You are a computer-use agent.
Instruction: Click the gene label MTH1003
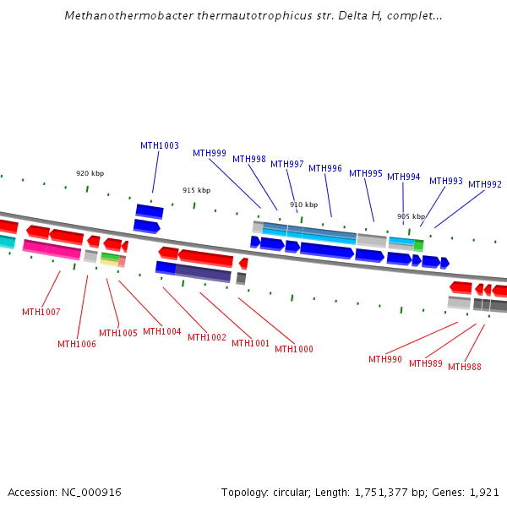point(160,145)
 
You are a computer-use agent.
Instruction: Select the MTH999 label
point(210,153)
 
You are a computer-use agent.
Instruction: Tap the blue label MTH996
point(325,168)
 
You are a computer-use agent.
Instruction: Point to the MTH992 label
point(485,184)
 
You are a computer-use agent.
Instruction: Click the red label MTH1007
point(41,312)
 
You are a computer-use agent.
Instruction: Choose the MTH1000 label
point(294,349)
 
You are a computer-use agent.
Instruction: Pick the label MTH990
point(385,359)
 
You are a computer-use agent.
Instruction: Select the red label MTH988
point(465,367)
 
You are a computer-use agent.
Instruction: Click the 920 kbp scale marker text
point(90,173)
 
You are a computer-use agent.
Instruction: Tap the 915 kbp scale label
point(196,190)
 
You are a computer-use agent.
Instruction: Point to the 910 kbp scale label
point(303,204)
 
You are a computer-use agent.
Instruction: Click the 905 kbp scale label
point(411,216)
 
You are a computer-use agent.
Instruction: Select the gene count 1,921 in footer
point(484,492)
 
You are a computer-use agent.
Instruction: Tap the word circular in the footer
point(292,492)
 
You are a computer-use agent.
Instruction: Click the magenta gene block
point(52,250)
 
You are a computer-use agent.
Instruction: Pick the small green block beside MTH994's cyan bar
point(418,245)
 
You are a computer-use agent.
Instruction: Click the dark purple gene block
point(203,273)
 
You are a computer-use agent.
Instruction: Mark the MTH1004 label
point(162,331)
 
